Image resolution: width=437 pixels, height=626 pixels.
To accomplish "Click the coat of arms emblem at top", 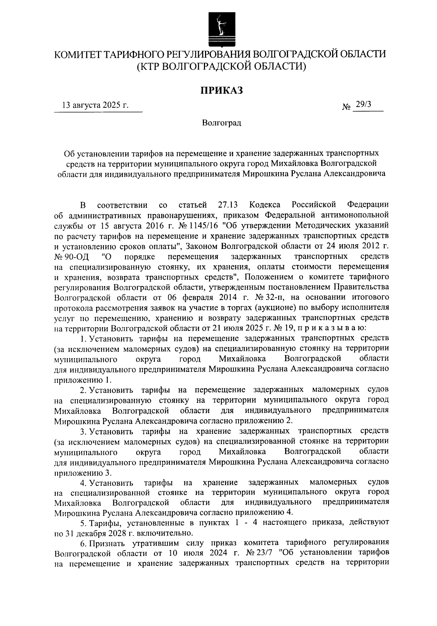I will [220, 28].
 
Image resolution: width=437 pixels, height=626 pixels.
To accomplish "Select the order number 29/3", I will [364, 105].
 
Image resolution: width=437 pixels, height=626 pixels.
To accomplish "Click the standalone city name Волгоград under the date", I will [221, 123].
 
